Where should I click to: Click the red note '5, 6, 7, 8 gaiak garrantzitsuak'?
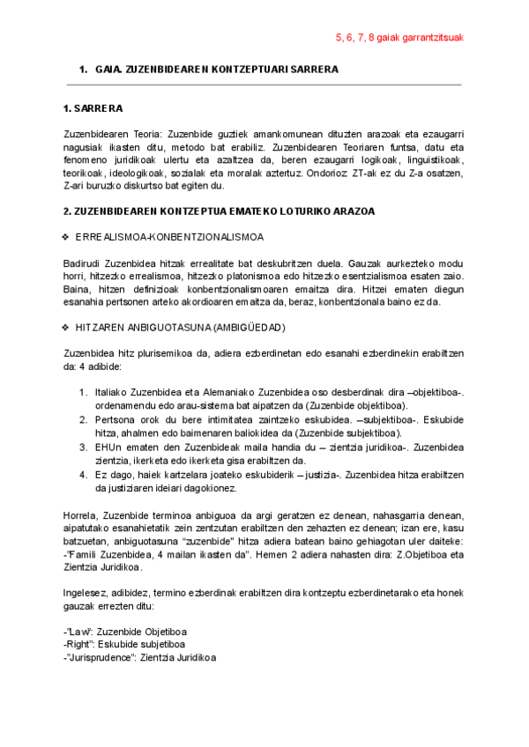[399, 38]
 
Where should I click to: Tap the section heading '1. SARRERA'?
[93, 109]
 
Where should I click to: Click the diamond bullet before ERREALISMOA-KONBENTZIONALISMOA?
[66, 238]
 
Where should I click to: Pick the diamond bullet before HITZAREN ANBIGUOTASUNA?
[66, 328]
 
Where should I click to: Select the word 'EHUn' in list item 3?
[108, 447]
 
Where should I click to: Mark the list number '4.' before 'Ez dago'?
[84, 474]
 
